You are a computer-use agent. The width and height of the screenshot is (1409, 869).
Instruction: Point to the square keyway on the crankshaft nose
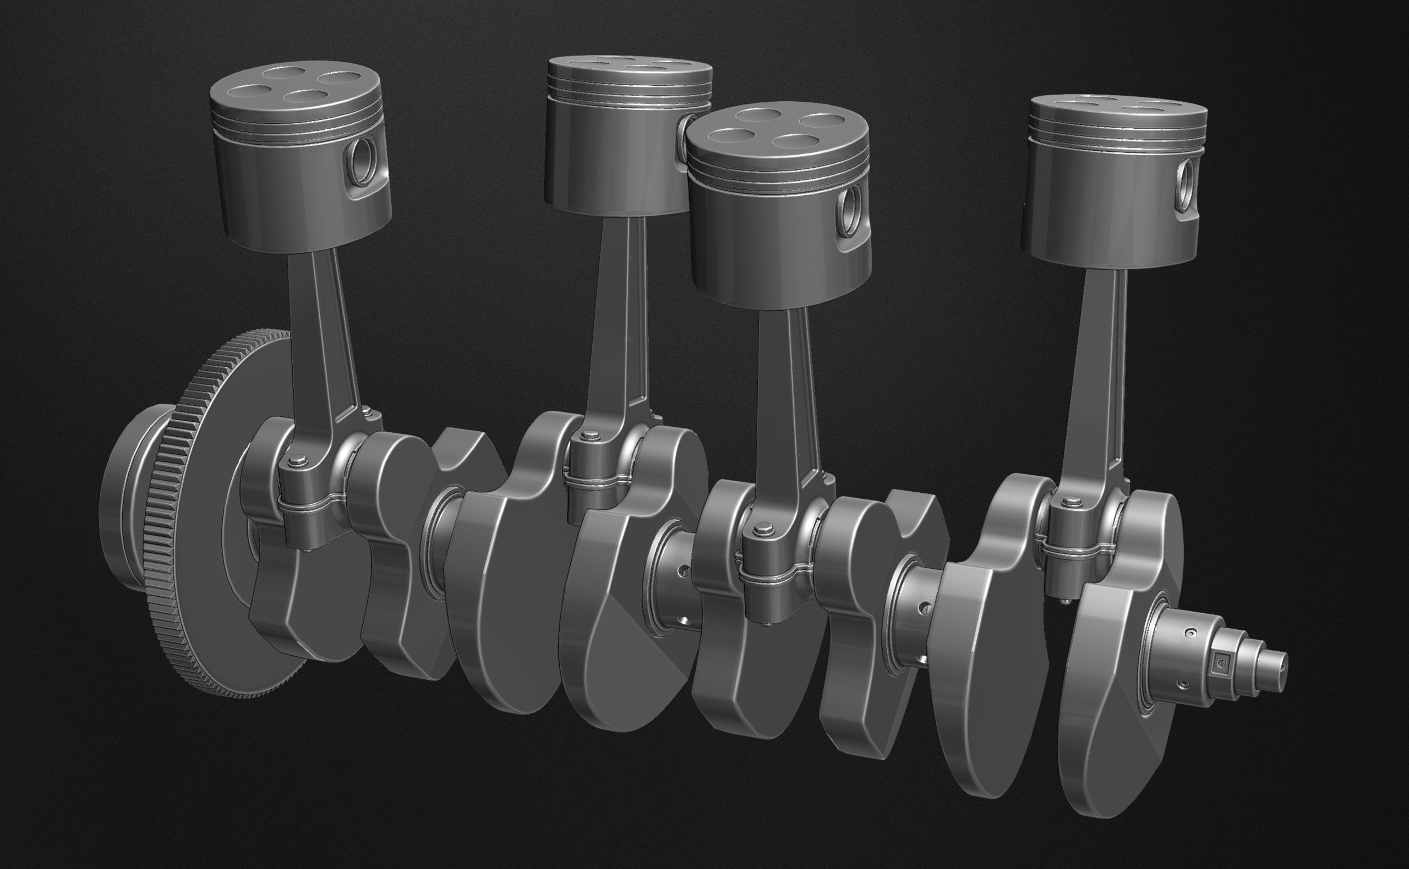1219,665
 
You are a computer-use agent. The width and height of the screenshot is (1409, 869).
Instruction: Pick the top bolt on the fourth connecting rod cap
1071,503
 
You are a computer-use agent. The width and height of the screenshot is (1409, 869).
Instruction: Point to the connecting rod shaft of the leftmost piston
322,333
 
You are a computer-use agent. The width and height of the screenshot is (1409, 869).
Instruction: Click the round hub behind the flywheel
124,506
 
